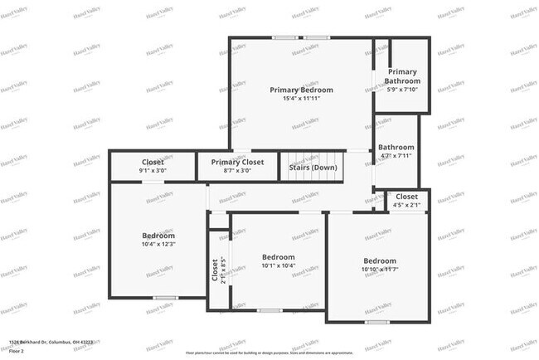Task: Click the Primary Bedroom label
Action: pos(300,90)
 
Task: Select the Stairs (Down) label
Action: pos(313,167)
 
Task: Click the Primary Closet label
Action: pos(237,162)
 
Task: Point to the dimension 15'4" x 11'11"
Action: pos(300,100)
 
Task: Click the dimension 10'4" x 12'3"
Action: pos(158,244)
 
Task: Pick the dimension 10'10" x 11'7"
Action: pos(380,270)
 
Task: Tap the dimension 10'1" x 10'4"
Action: pos(278,266)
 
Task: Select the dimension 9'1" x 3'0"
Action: pos(153,170)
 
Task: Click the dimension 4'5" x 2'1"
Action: pos(406,205)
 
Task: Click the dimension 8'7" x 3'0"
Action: pos(237,170)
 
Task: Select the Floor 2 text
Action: pos(17,351)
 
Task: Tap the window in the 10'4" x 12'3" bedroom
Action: pos(165,297)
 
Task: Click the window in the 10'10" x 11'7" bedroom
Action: pos(377,321)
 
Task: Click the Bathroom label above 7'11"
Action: pos(396,148)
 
